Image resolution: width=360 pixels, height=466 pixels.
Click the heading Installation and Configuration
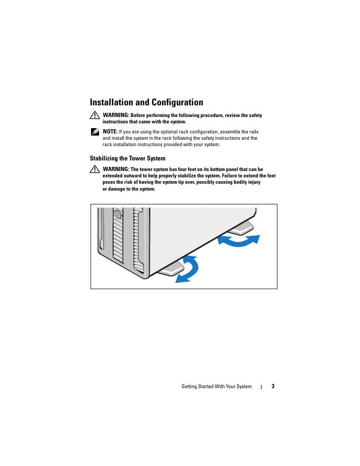(x=146, y=103)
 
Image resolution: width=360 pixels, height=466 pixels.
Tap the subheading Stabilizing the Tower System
(x=128, y=158)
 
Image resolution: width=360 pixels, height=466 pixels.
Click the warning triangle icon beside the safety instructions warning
(x=95, y=115)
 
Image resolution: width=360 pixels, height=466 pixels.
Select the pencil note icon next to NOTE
(x=95, y=131)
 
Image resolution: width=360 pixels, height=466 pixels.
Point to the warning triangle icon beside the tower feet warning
(x=95, y=169)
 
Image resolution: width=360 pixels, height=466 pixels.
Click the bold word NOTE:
(x=110, y=131)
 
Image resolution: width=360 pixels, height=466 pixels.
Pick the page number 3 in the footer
(x=273, y=386)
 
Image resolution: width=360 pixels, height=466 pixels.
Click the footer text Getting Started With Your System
(x=217, y=387)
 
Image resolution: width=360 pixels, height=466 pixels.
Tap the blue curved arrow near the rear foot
(x=239, y=241)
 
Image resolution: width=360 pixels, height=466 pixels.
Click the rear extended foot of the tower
(x=241, y=228)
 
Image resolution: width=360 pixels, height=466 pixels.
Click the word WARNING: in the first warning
(x=116, y=115)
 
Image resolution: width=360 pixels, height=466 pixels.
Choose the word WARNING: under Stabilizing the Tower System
(x=116, y=169)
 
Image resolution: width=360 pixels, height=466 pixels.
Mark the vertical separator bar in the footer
(x=262, y=387)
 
